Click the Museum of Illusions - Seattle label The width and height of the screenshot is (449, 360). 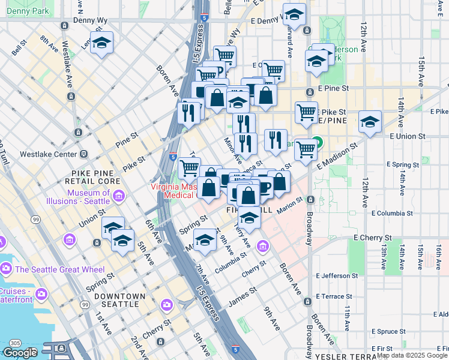coord(89,197)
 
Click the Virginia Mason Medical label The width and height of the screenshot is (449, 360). coord(174,190)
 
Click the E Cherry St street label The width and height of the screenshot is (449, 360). coord(373,238)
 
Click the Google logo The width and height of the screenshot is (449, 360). coord(19,353)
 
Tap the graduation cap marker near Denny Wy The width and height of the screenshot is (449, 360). coord(102,43)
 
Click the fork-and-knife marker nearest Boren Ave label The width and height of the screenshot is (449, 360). coord(190,112)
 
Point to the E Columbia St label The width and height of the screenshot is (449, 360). coord(394,213)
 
